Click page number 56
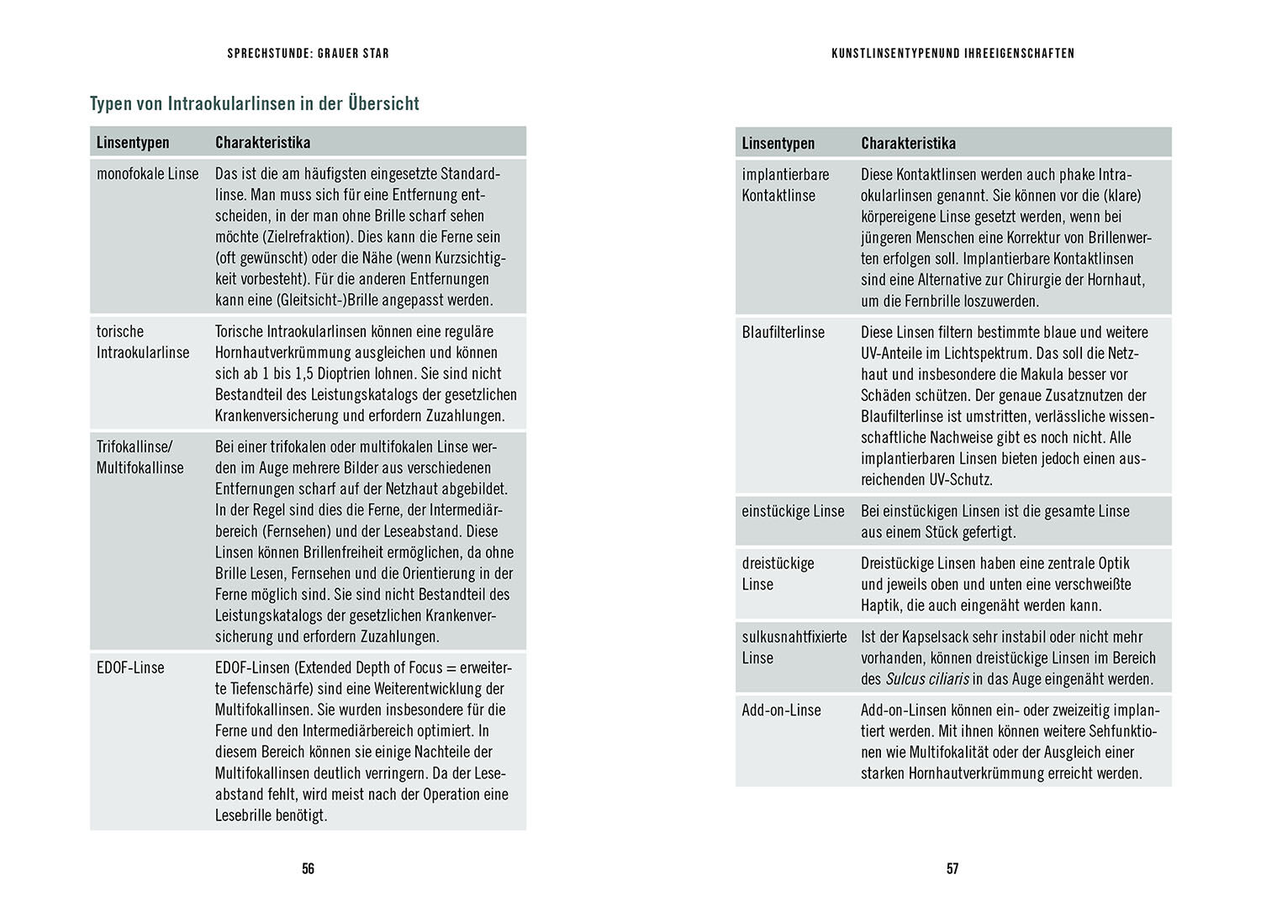click(x=308, y=869)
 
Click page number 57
click(x=952, y=869)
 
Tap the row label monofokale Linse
click(x=148, y=174)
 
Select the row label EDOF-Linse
click(x=130, y=668)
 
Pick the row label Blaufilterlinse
click(x=784, y=333)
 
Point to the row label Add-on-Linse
click(x=781, y=710)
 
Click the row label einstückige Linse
click(x=793, y=511)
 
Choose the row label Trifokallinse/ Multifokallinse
click(x=140, y=457)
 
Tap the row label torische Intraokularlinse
click(x=143, y=342)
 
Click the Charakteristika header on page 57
click(x=908, y=144)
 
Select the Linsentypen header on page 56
click(x=133, y=143)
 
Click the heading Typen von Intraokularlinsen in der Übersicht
click(x=255, y=104)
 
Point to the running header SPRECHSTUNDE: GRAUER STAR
click(x=308, y=54)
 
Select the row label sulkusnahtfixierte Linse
click(x=794, y=647)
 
